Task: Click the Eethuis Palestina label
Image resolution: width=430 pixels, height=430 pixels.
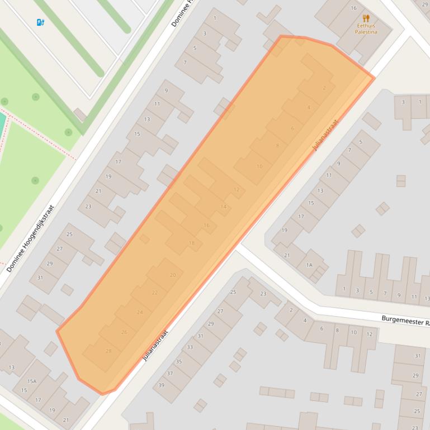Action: tap(366, 28)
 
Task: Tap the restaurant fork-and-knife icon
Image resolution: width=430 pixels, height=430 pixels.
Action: tap(366, 18)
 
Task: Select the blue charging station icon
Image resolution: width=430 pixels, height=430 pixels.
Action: tap(40, 22)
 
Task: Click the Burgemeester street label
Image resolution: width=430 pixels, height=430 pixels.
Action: tap(405, 321)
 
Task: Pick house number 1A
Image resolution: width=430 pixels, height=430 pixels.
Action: tap(309, 265)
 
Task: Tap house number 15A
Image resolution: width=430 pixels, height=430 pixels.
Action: tap(32, 381)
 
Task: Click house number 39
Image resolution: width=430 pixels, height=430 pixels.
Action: tap(161, 385)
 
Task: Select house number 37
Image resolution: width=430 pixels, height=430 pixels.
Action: tap(170, 374)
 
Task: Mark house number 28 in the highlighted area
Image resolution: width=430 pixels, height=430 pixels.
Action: tap(108, 351)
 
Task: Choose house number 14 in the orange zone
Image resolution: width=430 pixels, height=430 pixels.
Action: tap(224, 207)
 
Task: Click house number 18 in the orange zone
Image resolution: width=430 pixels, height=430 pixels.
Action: tap(192, 243)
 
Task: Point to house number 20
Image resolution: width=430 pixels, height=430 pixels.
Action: tap(173, 275)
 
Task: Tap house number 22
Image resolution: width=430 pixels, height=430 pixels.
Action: tap(155, 293)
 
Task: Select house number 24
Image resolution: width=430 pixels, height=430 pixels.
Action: tap(140, 312)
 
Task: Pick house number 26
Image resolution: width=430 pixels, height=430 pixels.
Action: tap(124, 332)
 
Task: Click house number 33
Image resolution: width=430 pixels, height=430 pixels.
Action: tap(190, 347)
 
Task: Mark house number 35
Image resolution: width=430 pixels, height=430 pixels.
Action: tap(179, 361)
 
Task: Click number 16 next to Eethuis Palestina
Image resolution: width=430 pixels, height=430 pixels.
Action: tap(353, 8)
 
